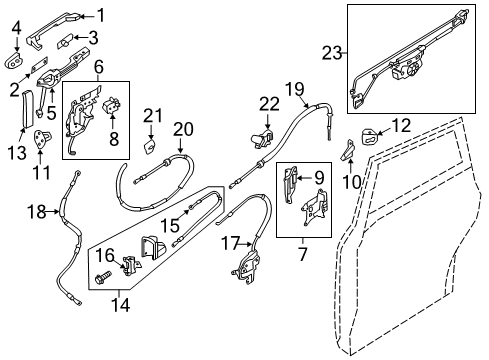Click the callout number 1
click(x=100, y=14)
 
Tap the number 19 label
click(x=294, y=92)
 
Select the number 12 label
click(x=400, y=125)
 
